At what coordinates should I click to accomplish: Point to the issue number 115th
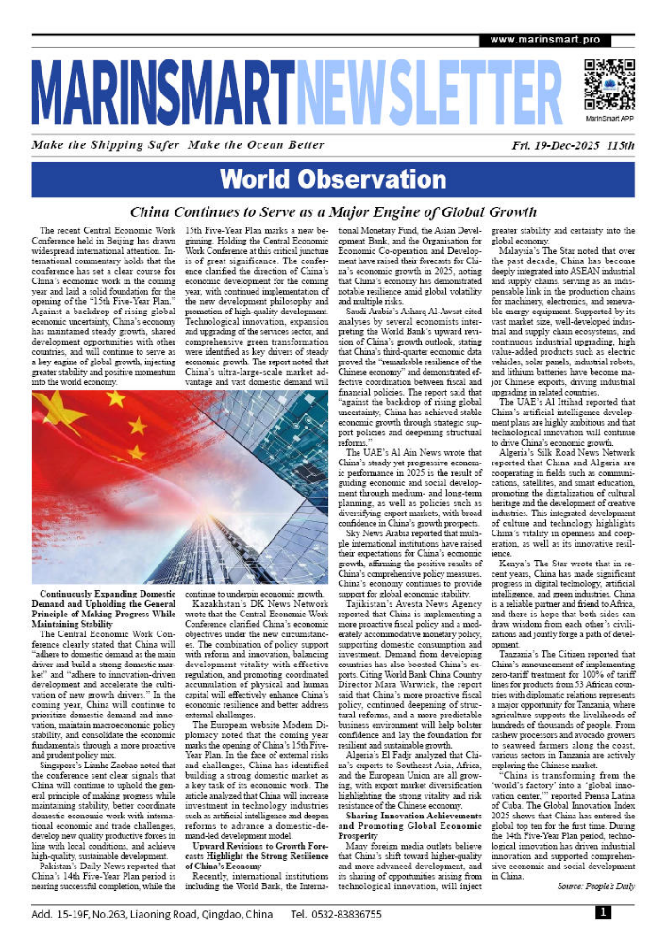[x=620, y=146]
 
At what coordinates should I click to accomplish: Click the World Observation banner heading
[x=333, y=179]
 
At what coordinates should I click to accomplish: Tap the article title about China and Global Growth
[x=333, y=212]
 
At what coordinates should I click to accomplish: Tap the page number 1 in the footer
[x=602, y=913]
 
